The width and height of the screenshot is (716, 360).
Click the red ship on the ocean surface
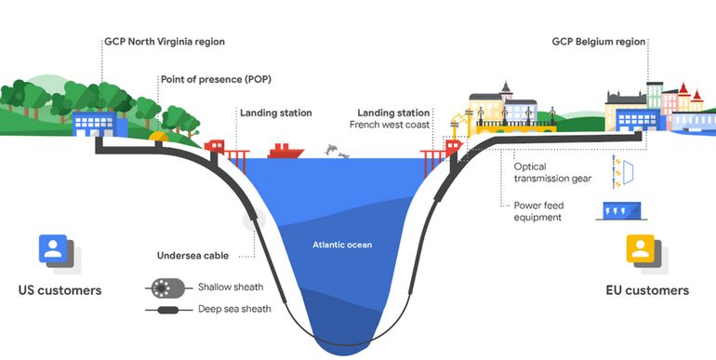tap(285, 150)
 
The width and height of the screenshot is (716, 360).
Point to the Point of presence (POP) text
tap(216, 80)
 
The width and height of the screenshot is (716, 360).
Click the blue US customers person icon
tap(53, 249)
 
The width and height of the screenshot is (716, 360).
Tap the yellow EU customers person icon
tap(640, 249)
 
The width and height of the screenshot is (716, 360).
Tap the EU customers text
tap(643, 290)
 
